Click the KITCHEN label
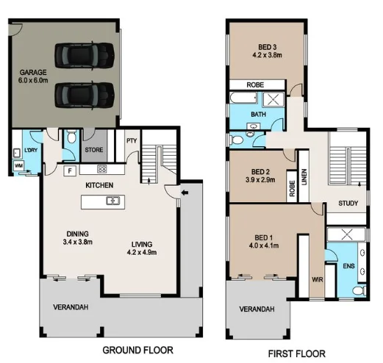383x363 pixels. pos(99,185)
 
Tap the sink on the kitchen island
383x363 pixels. pos(112,201)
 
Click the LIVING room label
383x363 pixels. pos(142,246)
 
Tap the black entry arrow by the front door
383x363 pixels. pos(184,193)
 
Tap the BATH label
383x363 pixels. pos(258,115)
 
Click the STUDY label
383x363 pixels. pos(348,203)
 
